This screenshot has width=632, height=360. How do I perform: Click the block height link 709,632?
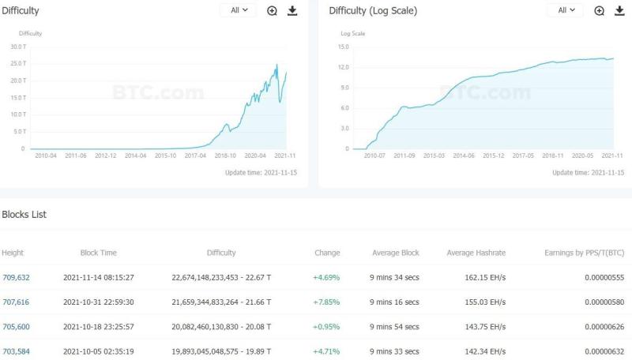pyautogui.click(x=16, y=277)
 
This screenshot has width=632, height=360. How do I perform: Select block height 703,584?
pyautogui.click(x=16, y=351)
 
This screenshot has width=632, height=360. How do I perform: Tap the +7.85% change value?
pyautogui.click(x=326, y=302)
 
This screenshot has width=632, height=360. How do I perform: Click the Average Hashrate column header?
pyautogui.click(x=476, y=253)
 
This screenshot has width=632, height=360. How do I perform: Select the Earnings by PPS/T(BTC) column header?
pyautogui.click(x=585, y=253)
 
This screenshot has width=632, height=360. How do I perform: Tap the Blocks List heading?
pyautogui.click(x=24, y=215)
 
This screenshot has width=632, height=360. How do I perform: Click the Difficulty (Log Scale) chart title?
pyautogui.click(x=373, y=11)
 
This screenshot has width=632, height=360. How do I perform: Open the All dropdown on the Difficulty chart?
pyautogui.click(x=239, y=10)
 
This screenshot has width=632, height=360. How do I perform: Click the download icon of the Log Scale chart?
pyautogui.click(x=619, y=10)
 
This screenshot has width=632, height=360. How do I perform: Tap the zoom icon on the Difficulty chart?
pyautogui.click(x=272, y=10)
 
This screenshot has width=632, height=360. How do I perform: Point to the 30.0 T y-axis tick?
pyautogui.click(x=17, y=47)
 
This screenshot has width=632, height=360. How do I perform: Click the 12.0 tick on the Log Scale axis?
pyautogui.click(x=343, y=67)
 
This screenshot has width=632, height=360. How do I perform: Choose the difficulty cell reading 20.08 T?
pyautogui.click(x=221, y=327)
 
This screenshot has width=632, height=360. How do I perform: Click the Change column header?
pyautogui.click(x=327, y=253)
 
